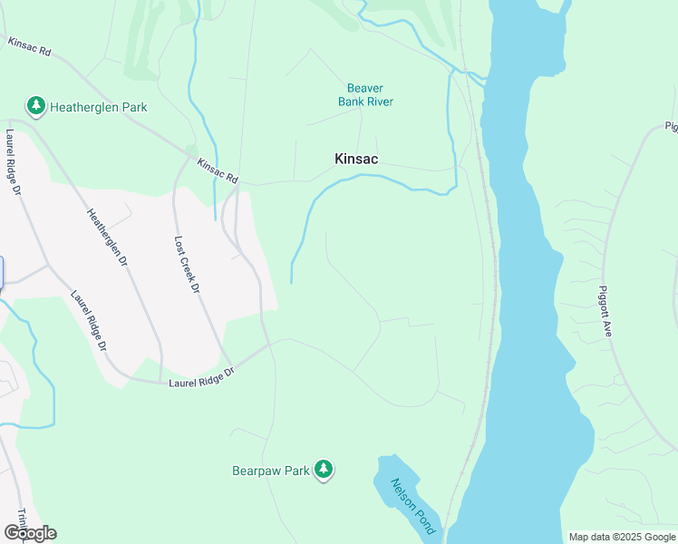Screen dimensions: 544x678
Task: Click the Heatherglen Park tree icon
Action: pyautogui.click(x=36, y=106)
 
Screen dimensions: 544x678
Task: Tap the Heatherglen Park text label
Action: pyautogui.click(x=99, y=107)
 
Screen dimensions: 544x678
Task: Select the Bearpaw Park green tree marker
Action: pyautogui.click(x=324, y=470)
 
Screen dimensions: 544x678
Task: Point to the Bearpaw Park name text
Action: pyautogui.click(x=270, y=471)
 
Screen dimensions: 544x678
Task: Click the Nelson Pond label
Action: pyautogui.click(x=413, y=506)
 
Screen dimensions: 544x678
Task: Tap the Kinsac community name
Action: pyautogui.click(x=356, y=159)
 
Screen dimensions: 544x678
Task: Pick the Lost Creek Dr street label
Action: pyautogui.click(x=186, y=265)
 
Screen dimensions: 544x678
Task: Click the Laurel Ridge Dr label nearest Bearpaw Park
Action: pyautogui.click(x=201, y=378)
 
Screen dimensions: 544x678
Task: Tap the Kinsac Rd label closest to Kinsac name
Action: pyautogui.click(x=218, y=170)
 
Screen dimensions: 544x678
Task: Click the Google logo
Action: pyautogui.click(x=30, y=532)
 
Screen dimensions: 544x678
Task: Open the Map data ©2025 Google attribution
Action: pyautogui.click(x=622, y=537)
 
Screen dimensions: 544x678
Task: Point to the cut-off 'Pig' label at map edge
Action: pyautogui.click(x=671, y=126)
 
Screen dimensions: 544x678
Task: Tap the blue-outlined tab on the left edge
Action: pyautogui.click(x=1, y=273)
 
